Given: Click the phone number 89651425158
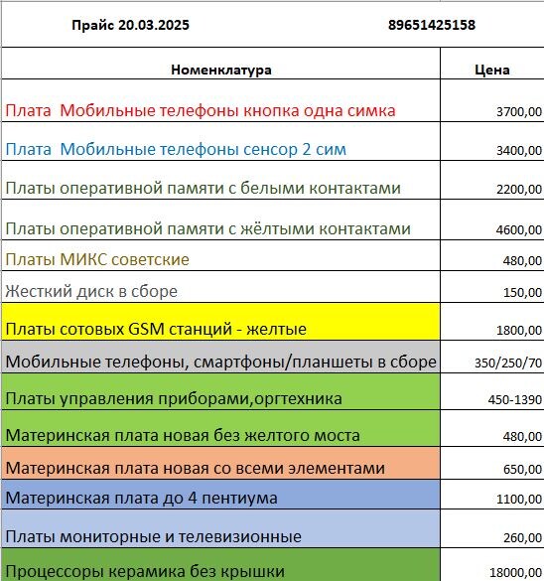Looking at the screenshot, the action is point(431,25).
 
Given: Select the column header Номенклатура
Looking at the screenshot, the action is point(220,70).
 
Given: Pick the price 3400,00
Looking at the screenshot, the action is point(518,152).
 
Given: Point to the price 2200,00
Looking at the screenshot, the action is point(518,190).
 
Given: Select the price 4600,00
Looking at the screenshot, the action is point(518,230).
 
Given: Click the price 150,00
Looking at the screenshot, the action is point(522,293).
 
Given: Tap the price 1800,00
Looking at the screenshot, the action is point(518,330).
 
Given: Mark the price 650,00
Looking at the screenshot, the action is point(522,470).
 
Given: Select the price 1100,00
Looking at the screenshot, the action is point(518,500).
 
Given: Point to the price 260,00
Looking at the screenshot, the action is point(522,538).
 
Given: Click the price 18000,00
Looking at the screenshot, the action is point(515,572).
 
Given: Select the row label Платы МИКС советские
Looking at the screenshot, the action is point(97,259).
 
